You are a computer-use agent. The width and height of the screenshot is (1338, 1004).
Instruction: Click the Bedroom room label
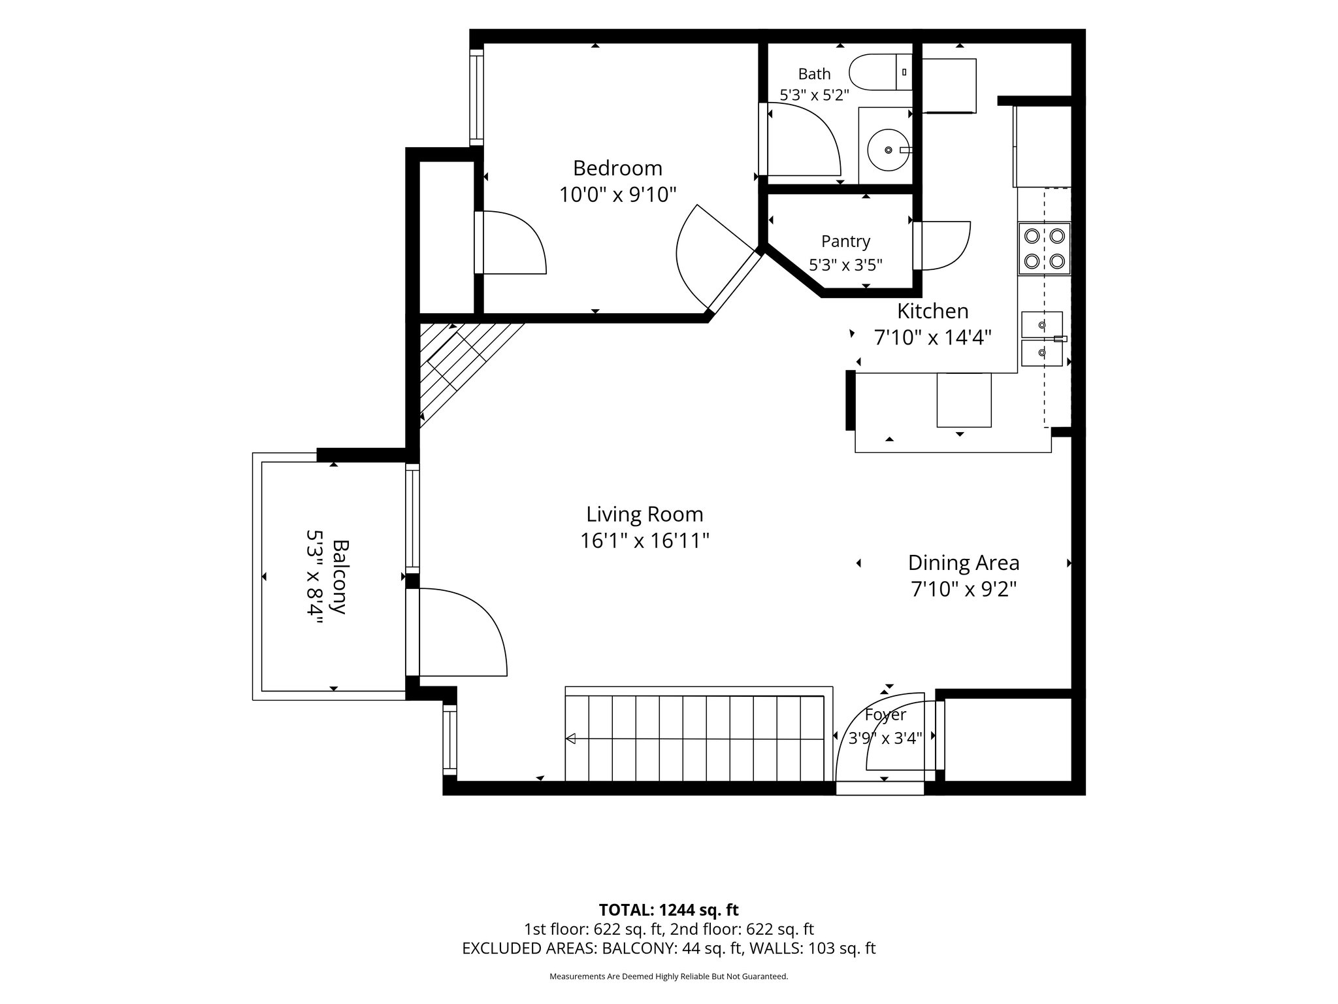click(x=617, y=169)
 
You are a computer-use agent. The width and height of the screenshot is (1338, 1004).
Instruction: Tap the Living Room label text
click(x=645, y=514)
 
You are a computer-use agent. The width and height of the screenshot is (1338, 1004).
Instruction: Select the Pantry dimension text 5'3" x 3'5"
click(x=845, y=265)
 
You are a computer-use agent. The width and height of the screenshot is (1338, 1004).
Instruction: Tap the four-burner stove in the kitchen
click(x=1044, y=248)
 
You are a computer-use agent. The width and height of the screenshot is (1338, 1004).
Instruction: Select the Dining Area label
click(x=964, y=563)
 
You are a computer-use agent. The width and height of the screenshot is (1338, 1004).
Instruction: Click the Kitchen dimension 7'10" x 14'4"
click(x=933, y=337)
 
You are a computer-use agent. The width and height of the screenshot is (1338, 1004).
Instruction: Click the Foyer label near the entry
click(x=885, y=715)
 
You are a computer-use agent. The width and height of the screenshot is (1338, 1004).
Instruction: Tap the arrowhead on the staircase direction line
click(x=570, y=739)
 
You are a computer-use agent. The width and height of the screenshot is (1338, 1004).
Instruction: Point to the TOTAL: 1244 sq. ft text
click(x=668, y=910)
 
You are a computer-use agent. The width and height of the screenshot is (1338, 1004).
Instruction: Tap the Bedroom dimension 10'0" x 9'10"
click(x=617, y=195)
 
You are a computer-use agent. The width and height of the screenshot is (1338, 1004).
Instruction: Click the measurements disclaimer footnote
click(x=668, y=977)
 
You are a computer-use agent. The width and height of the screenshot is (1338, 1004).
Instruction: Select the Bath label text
click(x=814, y=74)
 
